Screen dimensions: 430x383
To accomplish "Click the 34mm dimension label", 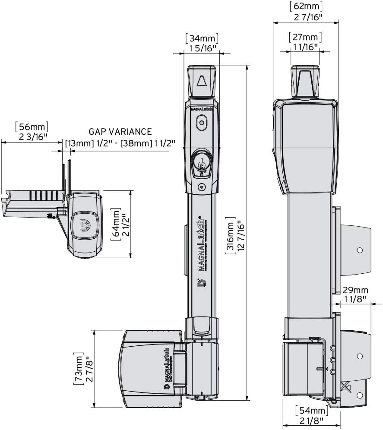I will click(x=202, y=38).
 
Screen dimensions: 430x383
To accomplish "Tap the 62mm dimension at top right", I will click(x=306, y=7).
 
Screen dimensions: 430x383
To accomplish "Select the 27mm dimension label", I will click(x=305, y=36).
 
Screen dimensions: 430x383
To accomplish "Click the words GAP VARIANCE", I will click(x=120, y=132).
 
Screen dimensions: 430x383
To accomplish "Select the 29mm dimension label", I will click(x=355, y=289).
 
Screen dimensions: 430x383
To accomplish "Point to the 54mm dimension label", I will click(x=311, y=410).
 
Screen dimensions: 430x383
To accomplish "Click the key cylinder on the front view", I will click(x=201, y=163).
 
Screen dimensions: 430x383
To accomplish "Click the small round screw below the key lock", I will click(x=201, y=187).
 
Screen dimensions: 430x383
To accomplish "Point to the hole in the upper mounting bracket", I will click(x=359, y=250).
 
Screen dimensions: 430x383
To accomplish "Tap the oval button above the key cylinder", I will click(x=202, y=123).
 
